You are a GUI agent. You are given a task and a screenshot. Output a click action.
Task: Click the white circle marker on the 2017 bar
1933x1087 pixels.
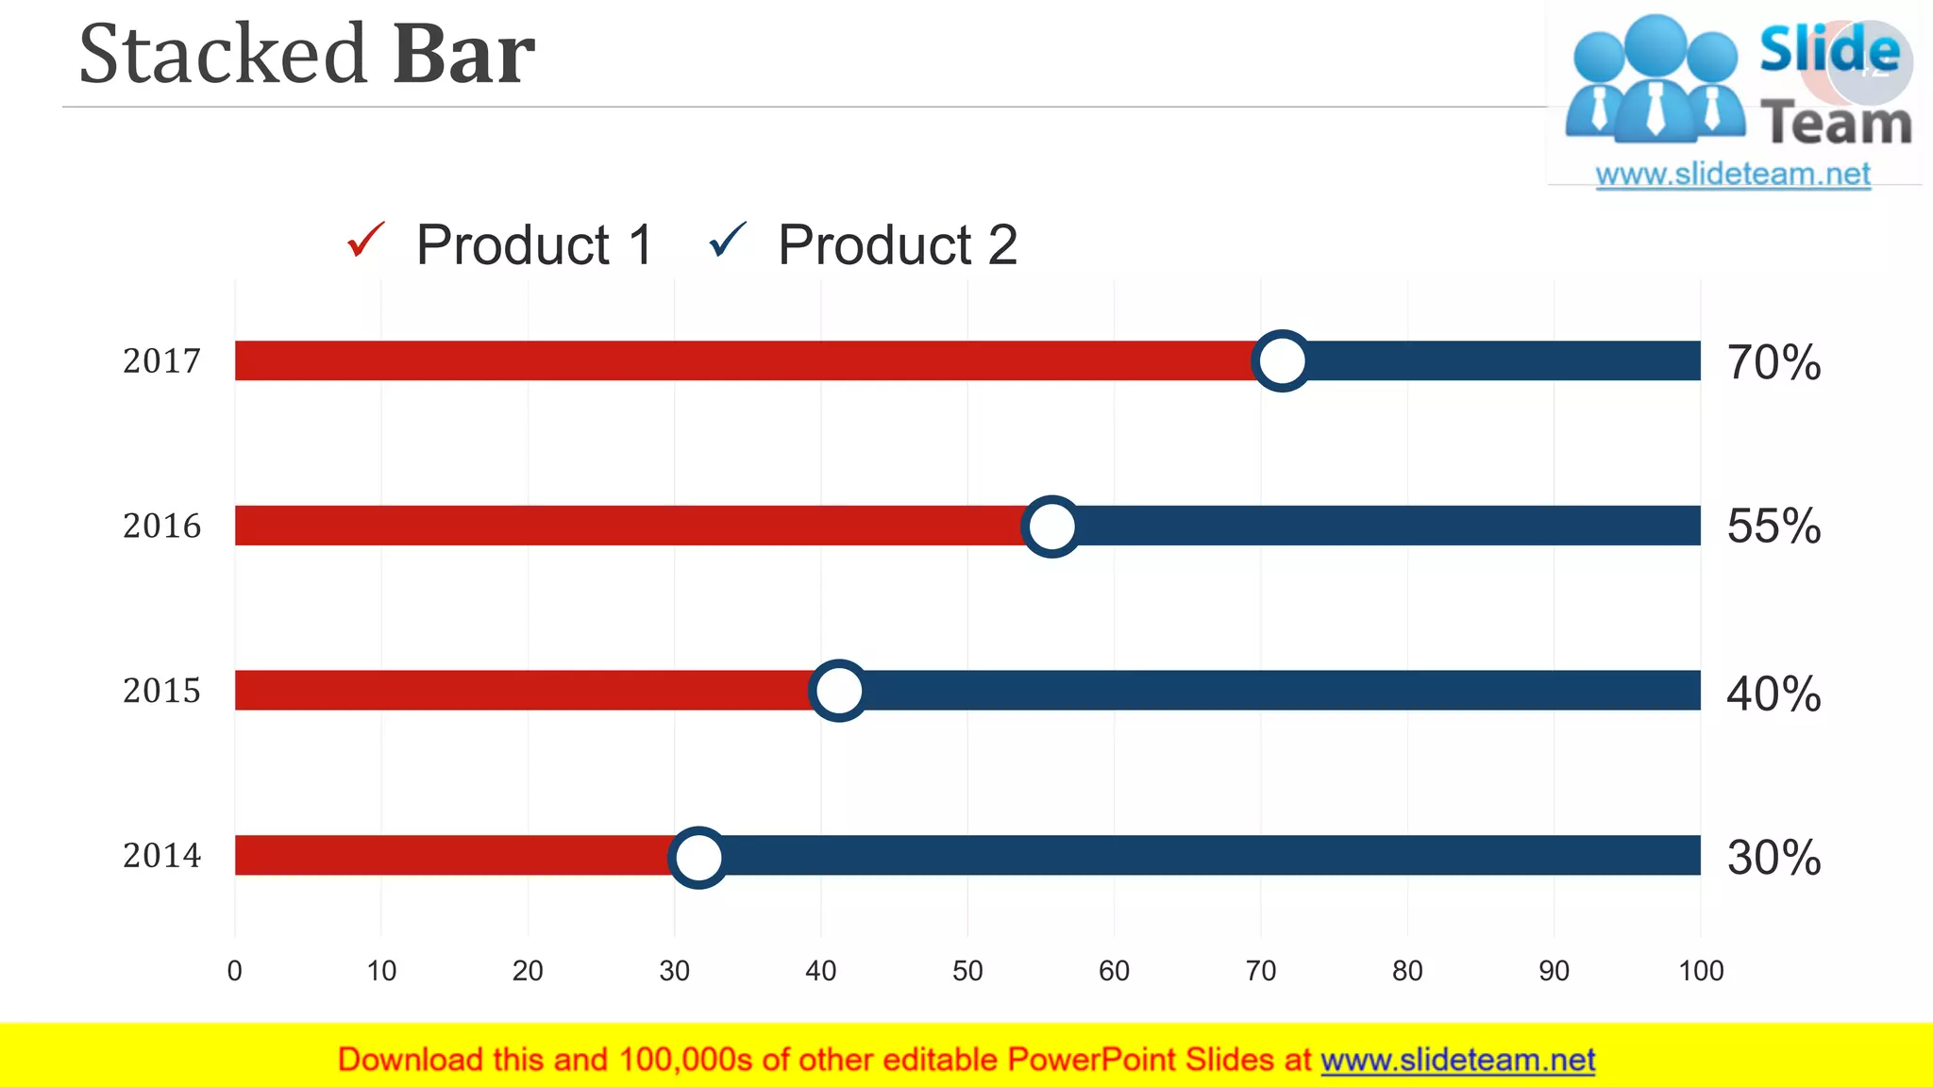click(1281, 360)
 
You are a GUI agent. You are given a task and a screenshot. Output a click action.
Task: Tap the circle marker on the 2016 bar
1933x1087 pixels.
click(1051, 526)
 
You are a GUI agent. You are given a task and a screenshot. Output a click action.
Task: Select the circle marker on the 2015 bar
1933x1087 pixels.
click(838, 691)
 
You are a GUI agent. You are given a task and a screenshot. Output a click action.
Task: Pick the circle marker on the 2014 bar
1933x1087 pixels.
click(698, 857)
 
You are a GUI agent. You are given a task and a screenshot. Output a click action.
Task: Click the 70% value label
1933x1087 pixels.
click(1773, 362)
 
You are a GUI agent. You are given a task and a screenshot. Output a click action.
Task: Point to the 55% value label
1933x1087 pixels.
click(1773, 527)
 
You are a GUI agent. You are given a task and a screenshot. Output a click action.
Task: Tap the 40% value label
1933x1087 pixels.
click(1773, 694)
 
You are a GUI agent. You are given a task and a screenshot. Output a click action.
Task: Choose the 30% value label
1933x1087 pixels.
click(1773, 858)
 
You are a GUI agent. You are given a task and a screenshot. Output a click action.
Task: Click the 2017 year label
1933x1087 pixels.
click(162, 360)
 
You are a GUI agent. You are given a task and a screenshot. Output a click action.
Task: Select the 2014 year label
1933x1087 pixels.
click(162, 856)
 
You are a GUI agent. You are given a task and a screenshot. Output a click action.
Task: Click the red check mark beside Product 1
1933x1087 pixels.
click(366, 240)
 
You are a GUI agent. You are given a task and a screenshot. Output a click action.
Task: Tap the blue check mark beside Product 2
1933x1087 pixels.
click(728, 240)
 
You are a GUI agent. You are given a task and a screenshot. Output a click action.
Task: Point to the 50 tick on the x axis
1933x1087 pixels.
click(967, 971)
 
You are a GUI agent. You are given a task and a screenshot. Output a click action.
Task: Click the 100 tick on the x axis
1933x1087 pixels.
click(1701, 971)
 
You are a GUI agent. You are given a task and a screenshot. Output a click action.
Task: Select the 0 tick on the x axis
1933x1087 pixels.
click(235, 971)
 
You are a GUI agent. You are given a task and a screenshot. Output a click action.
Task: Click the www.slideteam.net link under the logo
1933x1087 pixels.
click(1733, 175)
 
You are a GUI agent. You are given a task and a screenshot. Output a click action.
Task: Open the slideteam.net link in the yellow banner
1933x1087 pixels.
click(1457, 1061)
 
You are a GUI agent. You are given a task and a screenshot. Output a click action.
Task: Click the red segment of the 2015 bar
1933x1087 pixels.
click(519, 691)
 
